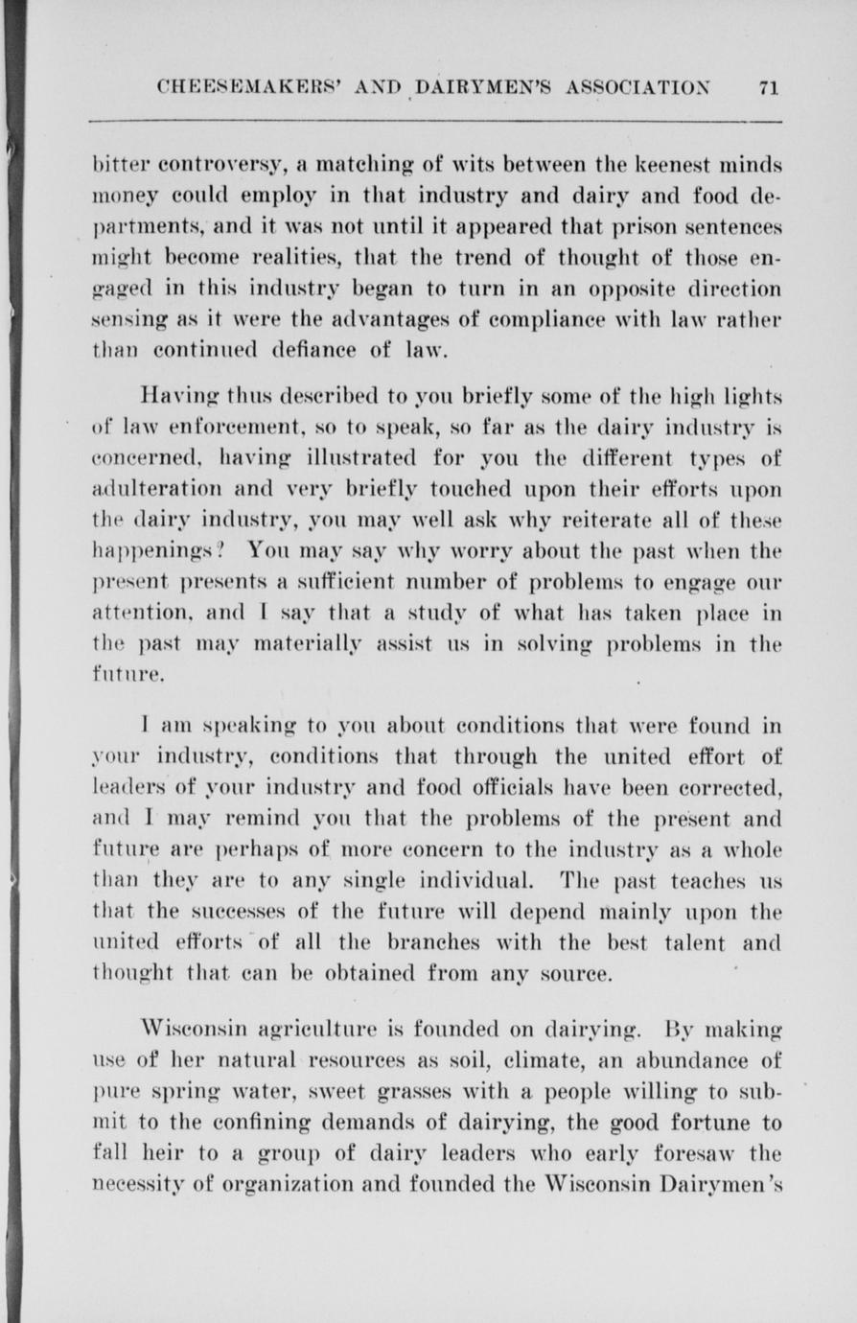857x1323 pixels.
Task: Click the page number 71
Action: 768,87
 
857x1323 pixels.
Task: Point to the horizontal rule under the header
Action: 436,122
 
